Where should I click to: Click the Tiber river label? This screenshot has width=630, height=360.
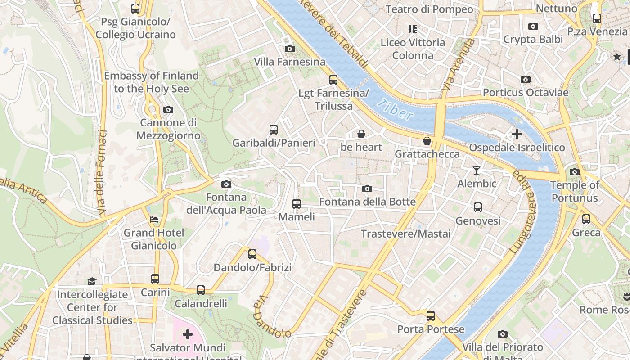pos(396,110)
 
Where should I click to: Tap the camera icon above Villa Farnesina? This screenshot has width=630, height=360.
pos(290,49)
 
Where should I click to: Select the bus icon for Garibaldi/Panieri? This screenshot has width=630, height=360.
pos(274,130)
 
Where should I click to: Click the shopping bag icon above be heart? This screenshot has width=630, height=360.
pos(361,134)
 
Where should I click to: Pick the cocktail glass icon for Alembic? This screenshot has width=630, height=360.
pos(477,170)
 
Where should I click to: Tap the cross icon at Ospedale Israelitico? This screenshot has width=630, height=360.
pos(517,134)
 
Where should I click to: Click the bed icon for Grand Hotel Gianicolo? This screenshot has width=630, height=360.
pos(154,220)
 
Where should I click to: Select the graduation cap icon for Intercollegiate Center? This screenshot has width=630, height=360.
pos(92,281)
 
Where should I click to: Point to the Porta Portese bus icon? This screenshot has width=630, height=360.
pos(431,315)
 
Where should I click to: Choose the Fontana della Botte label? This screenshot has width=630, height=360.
pos(367,202)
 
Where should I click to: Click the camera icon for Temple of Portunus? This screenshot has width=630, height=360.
pos(575,172)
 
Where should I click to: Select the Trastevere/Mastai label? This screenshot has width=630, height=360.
pos(405,234)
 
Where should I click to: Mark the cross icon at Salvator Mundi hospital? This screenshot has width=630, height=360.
pos(188,334)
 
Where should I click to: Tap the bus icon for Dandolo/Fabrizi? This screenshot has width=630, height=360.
pos(252,254)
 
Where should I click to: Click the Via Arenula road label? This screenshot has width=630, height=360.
pos(458,64)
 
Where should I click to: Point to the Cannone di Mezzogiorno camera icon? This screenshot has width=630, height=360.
pos(168,109)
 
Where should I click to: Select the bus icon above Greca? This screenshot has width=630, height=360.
pos(586,219)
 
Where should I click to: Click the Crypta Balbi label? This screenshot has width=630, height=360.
pos(533,40)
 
